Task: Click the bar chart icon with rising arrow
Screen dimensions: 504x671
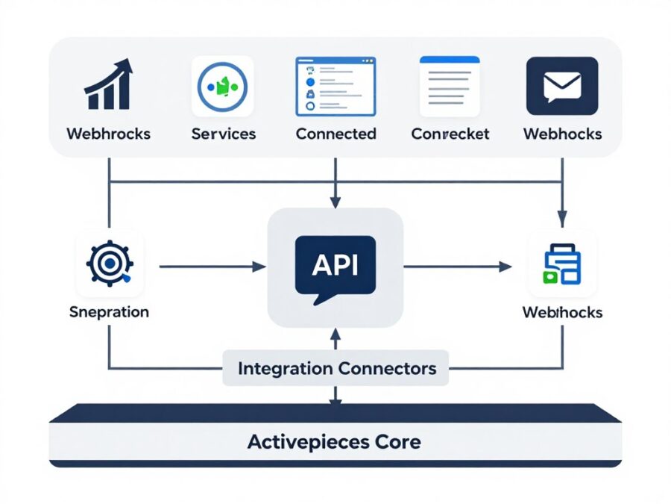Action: (109, 85)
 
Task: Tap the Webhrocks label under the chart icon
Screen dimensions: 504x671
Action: (109, 134)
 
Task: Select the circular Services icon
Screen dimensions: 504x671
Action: (223, 86)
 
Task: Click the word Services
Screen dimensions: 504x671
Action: (224, 134)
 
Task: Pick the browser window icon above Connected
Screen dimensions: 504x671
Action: (336, 86)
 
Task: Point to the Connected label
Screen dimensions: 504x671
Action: (336, 134)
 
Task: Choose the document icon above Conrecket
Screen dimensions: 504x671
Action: (450, 85)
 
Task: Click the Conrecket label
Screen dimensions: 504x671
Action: (450, 134)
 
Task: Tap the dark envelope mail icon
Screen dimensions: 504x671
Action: (562, 86)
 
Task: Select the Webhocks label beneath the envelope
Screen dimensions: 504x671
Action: (562, 134)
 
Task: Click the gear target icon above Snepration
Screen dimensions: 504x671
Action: (110, 264)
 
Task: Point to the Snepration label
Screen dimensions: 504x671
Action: (109, 312)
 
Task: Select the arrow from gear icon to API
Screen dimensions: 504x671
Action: (212, 266)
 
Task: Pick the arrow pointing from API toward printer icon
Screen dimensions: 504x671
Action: (459, 266)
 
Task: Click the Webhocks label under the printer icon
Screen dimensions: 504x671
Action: (562, 312)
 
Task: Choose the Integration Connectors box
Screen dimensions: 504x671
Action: (336, 368)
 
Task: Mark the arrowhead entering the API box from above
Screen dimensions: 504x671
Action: (335, 202)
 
